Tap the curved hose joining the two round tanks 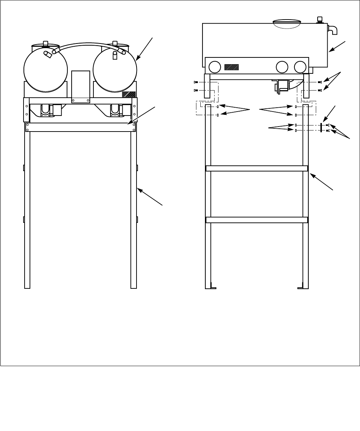point(86,45)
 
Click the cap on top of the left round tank point(45,44)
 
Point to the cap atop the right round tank point(115,44)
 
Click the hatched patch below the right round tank point(129,94)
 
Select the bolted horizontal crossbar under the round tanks point(81,127)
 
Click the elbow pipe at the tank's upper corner point(333,30)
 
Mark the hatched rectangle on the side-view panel point(231,67)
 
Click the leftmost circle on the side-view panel point(215,67)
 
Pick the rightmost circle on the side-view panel point(300,67)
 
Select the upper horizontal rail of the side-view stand point(257,168)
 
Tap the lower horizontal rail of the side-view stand point(257,220)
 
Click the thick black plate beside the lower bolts point(321,128)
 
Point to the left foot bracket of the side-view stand point(212,286)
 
